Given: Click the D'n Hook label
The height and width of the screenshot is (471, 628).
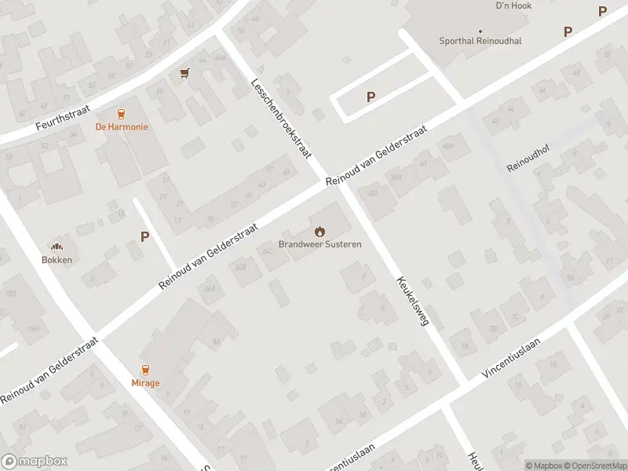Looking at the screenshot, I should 514,5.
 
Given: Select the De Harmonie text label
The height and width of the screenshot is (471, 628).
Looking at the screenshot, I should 122,126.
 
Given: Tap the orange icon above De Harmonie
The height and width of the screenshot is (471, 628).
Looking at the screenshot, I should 122,114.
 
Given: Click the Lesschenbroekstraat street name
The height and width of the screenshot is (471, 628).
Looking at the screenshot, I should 276,119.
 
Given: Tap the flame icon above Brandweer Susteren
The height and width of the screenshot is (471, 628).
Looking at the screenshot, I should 319,232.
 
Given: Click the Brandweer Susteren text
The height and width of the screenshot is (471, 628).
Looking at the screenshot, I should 319,244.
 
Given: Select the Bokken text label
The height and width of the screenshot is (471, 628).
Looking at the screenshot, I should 57,260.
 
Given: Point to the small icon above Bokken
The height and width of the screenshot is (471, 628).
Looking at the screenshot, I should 57,246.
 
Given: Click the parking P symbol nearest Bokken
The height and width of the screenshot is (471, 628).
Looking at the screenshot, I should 144,236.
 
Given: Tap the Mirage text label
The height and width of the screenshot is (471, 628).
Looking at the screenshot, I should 145,383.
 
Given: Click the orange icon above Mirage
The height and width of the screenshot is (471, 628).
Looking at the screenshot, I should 145,371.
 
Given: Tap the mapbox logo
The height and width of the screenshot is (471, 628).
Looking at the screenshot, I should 33,462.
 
